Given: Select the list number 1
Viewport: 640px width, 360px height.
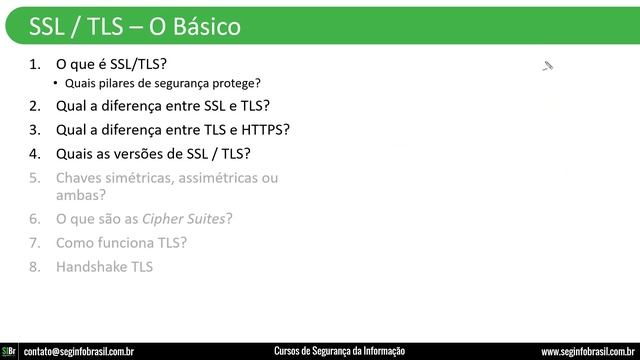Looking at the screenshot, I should coord(35,63).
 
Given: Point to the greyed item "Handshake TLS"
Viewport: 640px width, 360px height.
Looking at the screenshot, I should coord(105,267).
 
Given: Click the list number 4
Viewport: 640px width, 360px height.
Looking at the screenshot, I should coord(35,154).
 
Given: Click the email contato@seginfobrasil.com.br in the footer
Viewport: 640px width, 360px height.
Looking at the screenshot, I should coord(79,351).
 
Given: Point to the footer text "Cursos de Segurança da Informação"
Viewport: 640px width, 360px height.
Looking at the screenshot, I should coord(339,351).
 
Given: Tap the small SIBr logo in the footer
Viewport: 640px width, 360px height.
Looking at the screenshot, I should coord(9,351).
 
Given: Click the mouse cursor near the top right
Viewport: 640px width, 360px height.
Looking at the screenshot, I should coord(546,66).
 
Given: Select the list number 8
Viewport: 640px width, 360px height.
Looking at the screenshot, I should coord(35,267).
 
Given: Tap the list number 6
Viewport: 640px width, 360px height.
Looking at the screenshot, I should coord(35,218).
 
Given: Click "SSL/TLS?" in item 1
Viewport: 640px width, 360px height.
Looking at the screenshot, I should coord(135,63).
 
